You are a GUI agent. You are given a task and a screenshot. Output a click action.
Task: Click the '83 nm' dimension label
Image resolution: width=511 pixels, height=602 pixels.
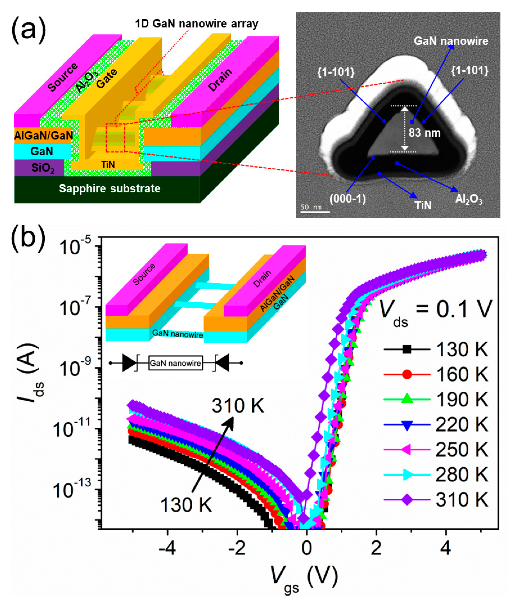[x=424, y=133]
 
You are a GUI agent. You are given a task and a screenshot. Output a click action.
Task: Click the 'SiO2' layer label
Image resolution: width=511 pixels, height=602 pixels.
[x=43, y=168]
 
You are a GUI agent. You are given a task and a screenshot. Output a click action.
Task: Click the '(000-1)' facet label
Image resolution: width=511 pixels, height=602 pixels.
[x=348, y=199]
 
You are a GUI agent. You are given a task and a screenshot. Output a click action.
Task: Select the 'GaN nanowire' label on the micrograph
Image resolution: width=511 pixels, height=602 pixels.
[x=451, y=41]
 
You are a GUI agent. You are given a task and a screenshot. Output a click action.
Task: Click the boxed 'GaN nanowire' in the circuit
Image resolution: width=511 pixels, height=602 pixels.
[x=175, y=363]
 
